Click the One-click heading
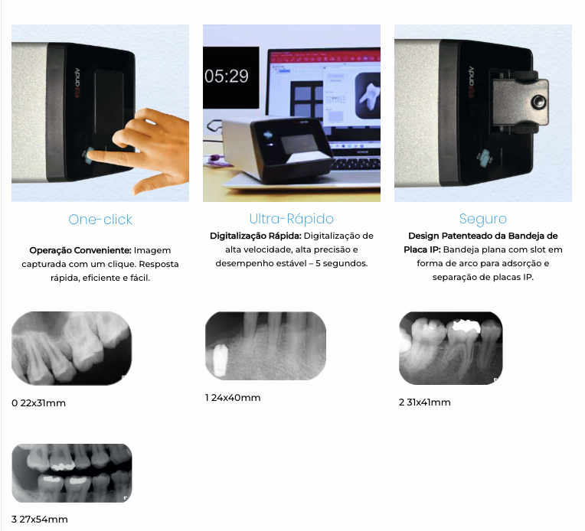coord(100,220)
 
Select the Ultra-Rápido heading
coord(292,219)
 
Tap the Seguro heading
coord(482,219)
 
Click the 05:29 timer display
coord(227,77)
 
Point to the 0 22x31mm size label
coord(38,403)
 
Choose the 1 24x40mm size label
coord(233,398)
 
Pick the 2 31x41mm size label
coord(424,402)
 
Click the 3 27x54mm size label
coord(40,520)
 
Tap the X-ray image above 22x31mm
coord(72,348)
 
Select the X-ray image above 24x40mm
coord(265,346)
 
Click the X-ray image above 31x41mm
coord(451,348)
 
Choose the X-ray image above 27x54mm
coord(72,473)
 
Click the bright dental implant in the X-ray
coord(220,360)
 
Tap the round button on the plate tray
coord(538,102)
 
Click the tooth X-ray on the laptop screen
coord(368,96)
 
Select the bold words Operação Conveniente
coord(80,250)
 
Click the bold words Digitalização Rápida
coord(256,236)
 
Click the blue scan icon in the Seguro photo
coord(484,158)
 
